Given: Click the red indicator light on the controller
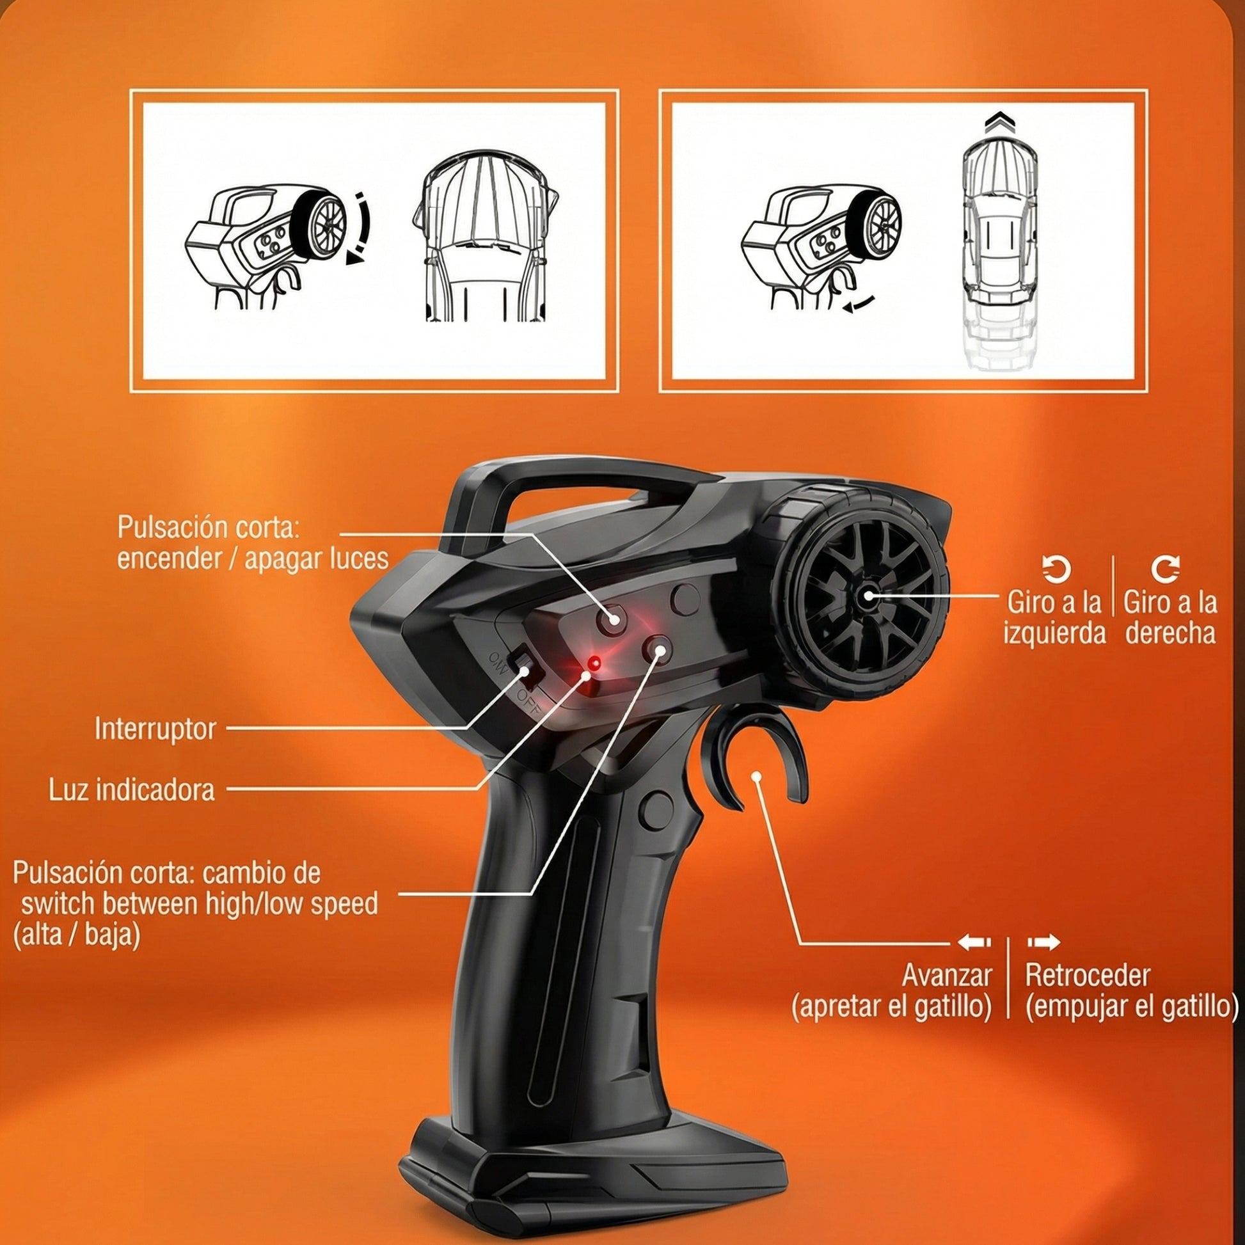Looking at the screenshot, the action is tap(595, 662).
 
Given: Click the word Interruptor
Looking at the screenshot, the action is tap(155, 729).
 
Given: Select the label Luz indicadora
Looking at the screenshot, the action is tap(132, 789).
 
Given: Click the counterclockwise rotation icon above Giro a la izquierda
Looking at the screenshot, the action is tap(1057, 569).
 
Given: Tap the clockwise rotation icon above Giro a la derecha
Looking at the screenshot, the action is tap(1166, 569).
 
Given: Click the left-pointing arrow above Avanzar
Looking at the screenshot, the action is tap(974, 942).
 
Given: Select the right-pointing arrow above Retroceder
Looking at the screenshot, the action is tap(1043, 942).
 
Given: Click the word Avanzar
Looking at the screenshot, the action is tap(947, 975).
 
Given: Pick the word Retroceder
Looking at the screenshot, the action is tap(1088, 975).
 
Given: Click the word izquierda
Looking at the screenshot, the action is tap(1054, 633).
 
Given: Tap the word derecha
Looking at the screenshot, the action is tap(1170, 633).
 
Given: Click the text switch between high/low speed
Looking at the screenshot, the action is tap(199, 904).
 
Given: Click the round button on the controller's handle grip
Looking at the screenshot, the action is tap(656, 810).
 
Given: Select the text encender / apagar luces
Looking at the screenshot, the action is tap(253, 559).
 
